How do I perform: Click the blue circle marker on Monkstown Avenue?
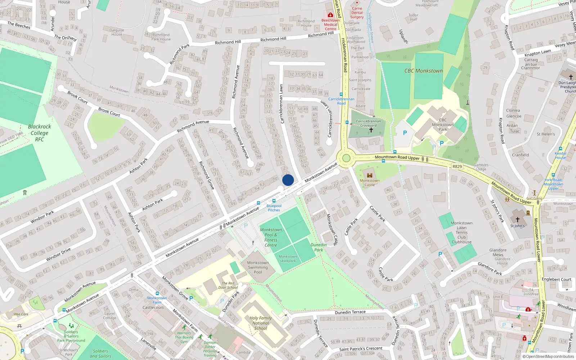[x=288, y=180]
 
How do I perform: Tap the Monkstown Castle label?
[x=370, y=183]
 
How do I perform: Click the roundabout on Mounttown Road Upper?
[x=346, y=158]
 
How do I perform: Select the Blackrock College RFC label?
[x=39, y=133]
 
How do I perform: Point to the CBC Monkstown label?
[x=423, y=71]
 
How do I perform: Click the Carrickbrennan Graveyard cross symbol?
[x=371, y=130]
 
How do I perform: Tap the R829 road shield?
[x=457, y=166]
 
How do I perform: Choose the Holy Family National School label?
[x=261, y=323]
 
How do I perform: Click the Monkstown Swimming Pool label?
[x=258, y=267]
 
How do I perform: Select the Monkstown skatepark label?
[x=288, y=258]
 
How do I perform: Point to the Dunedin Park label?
[x=319, y=247]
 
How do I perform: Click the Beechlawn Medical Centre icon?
[x=330, y=15]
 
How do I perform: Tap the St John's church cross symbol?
[x=517, y=219]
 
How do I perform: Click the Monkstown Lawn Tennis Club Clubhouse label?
[x=462, y=233]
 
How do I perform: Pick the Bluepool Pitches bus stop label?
[x=274, y=208]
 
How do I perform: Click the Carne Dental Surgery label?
[x=357, y=13]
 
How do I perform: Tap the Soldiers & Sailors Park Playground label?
[x=71, y=336]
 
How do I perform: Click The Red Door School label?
[x=228, y=285]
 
